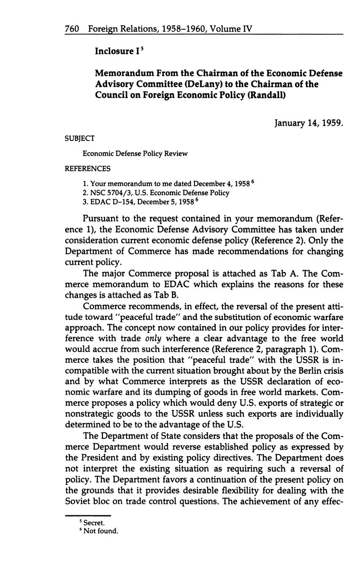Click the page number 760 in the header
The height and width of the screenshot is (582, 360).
click(x=72, y=29)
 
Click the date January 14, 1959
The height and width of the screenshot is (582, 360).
click(x=309, y=123)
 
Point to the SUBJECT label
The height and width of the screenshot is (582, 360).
click(x=79, y=138)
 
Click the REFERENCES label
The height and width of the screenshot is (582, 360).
click(x=87, y=169)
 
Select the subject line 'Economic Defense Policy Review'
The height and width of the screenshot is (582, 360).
click(x=135, y=154)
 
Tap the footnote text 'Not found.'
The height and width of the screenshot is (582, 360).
click(x=101, y=531)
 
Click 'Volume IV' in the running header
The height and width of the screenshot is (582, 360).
click(x=230, y=29)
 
